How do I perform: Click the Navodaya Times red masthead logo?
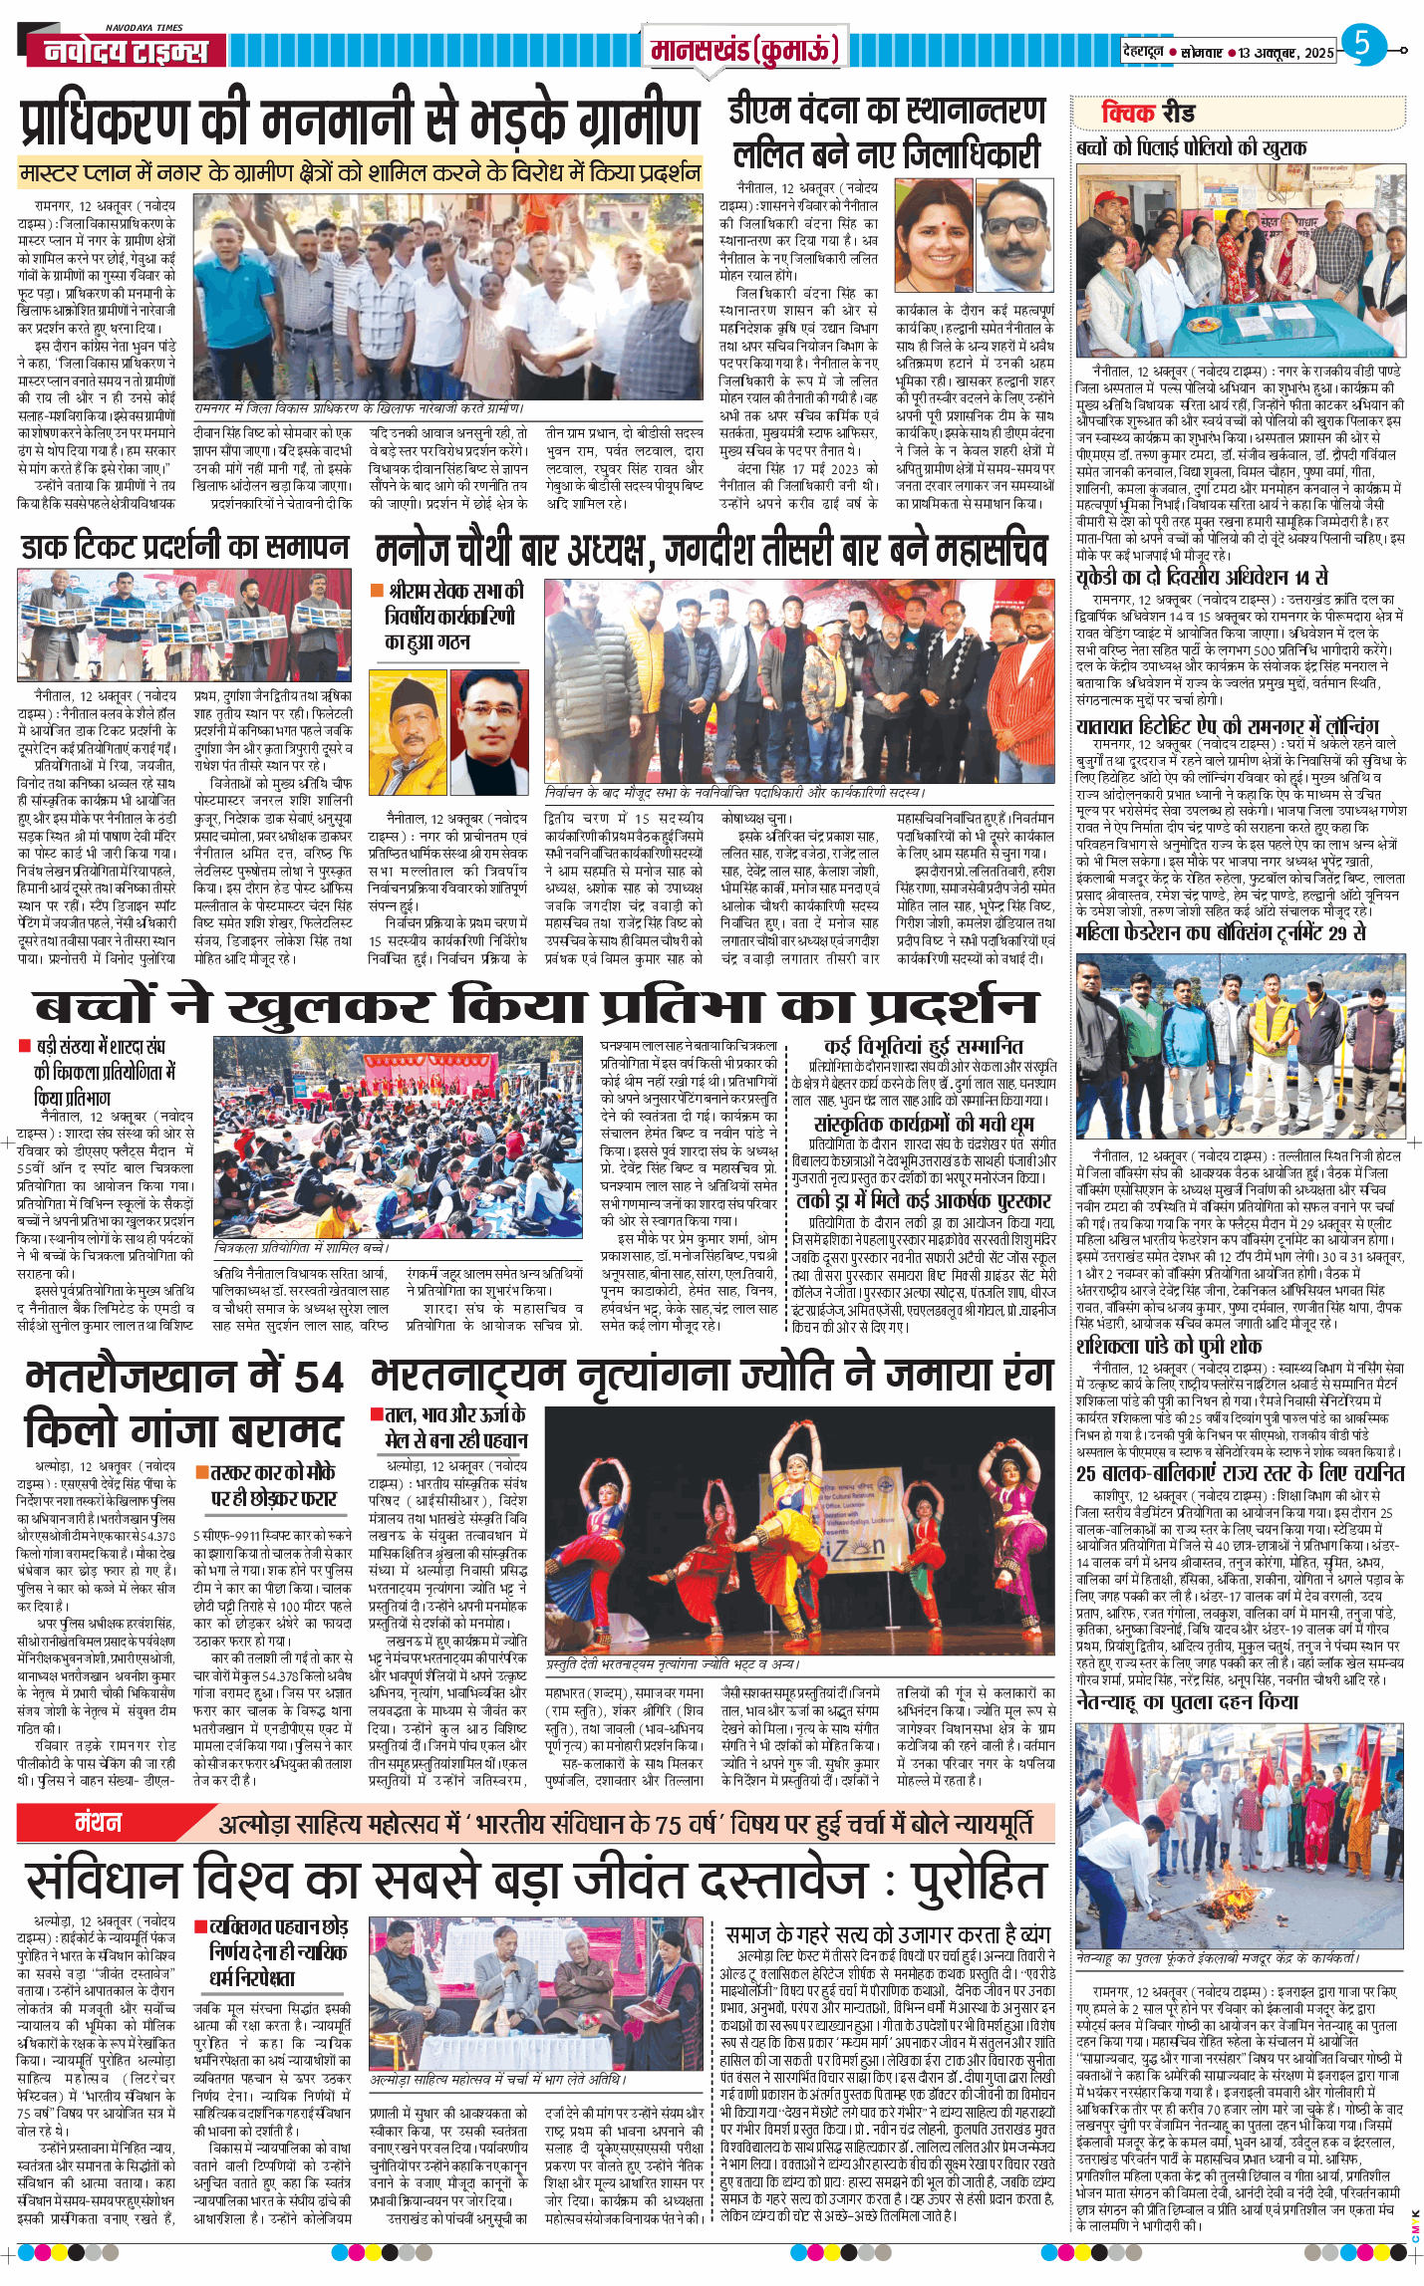[x=126, y=50]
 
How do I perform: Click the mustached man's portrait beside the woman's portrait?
[x=1013, y=235]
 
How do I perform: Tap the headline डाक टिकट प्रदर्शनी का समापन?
[x=185, y=547]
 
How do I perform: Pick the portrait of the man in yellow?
[x=407, y=732]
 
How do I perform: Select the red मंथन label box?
[x=99, y=1822]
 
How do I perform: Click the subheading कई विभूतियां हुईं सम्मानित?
[x=923, y=1046]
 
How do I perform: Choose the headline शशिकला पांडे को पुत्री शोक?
[x=1169, y=1347]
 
